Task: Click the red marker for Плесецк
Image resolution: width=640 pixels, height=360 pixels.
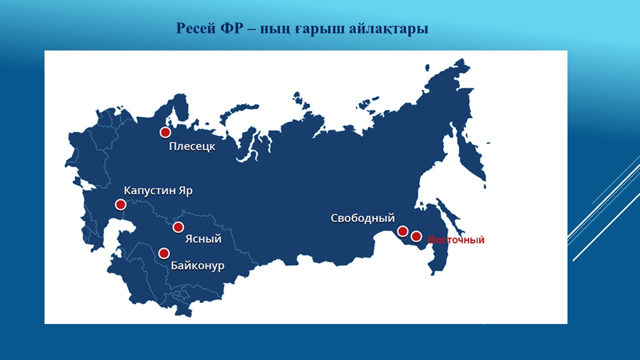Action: (165, 132)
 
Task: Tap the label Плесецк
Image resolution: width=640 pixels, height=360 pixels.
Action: (192, 146)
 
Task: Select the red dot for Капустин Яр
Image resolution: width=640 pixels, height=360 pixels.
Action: (120, 204)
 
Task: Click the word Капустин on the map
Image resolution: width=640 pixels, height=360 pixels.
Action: (149, 191)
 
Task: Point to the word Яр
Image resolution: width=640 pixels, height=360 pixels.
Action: (186, 191)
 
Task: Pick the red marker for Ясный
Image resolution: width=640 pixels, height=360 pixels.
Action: (178, 227)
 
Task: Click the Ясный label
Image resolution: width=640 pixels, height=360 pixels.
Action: (203, 239)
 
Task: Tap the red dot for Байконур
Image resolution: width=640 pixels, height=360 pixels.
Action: (164, 253)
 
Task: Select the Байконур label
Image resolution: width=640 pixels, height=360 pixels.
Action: (197, 266)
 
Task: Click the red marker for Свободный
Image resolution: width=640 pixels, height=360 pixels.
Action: (402, 231)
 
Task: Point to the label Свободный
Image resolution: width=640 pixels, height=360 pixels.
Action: (362, 218)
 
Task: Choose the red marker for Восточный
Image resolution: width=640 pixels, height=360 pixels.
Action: (416, 236)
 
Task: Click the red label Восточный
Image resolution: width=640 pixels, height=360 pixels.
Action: (456, 239)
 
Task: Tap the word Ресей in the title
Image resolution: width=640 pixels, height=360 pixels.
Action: (195, 28)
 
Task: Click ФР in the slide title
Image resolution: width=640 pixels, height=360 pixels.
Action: (231, 28)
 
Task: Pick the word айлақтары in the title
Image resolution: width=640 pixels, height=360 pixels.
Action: (388, 29)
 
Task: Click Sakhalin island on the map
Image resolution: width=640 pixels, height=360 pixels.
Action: (449, 216)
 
